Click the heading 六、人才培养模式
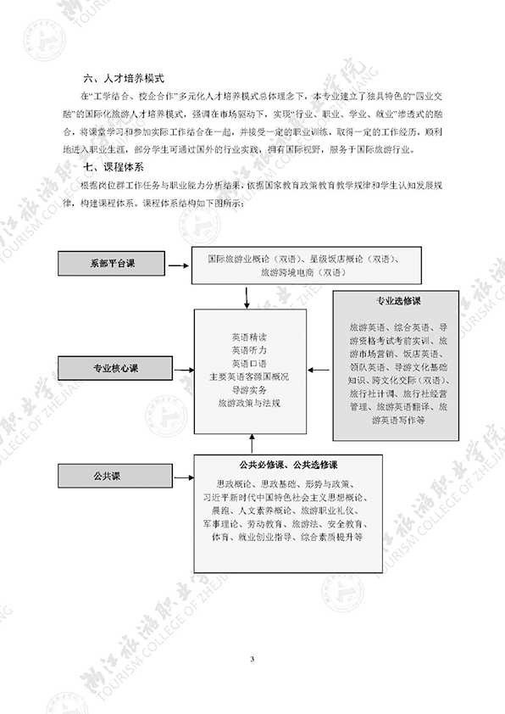tap(124, 78)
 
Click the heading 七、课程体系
tap(114, 167)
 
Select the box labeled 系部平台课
tap(111, 263)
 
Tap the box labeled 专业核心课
tap(115, 368)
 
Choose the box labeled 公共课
tap(115, 476)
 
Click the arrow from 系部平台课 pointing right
tap(178, 265)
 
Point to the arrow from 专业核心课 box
tap(184, 371)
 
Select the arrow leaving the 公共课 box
tap(184, 477)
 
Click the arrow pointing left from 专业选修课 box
tap(319, 371)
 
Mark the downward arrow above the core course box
tap(247, 298)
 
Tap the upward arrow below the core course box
tap(252, 444)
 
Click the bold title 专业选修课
tap(398, 301)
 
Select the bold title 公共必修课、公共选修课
tap(288, 465)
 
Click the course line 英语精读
tap(249, 337)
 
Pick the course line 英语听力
tap(249, 350)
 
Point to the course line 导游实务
tap(249, 390)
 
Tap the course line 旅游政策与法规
tap(249, 403)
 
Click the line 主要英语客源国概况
tap(249, 377)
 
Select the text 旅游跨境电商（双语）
tap(304, 272)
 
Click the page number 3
tap(252, 659)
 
